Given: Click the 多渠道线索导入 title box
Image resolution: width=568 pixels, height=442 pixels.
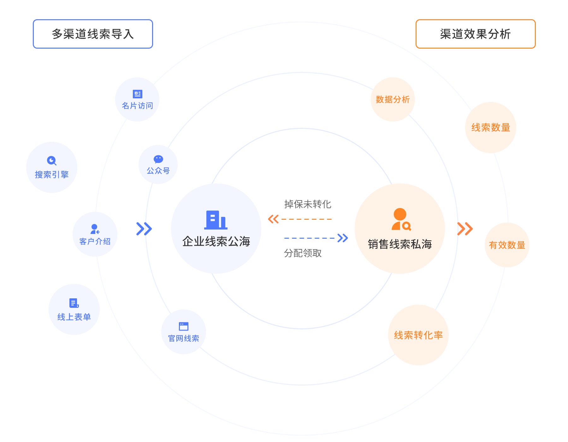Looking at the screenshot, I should [x=93, y=34].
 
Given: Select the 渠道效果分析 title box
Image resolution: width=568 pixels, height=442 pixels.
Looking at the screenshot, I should [x=475, y=34].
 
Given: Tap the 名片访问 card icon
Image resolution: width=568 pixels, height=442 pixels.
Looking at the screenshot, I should [x=138, y=94].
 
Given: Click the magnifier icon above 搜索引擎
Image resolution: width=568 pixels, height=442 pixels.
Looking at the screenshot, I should [x=51, y=161].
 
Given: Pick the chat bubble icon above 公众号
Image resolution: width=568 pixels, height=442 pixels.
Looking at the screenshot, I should [x=158, y=159].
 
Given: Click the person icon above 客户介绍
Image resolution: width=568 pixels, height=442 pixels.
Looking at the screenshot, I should [x=95, y=229].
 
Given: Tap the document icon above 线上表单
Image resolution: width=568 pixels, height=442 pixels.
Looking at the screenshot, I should [x=74, y=303].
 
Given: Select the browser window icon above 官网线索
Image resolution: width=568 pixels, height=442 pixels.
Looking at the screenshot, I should [x=183, y=326].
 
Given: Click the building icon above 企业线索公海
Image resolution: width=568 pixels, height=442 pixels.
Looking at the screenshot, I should [x=216, y=220].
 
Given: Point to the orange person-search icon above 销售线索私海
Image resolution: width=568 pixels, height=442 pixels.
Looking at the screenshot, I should [x=401, y=219].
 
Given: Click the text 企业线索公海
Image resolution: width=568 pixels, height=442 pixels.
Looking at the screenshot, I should [x=216, y=242].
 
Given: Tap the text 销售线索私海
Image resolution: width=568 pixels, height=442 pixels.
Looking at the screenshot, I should [x=400, y=244].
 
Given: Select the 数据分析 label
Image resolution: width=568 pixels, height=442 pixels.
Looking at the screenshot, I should [x=393, y=99].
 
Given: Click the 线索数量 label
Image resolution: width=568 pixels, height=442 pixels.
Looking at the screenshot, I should [x=491, y=128].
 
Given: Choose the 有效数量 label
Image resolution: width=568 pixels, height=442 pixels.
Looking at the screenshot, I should [x=507, y=245].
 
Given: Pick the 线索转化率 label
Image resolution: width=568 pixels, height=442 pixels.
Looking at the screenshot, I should [x=418, y=335].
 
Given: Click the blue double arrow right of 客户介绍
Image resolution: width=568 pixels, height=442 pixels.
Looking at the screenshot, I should [x=144, y=229].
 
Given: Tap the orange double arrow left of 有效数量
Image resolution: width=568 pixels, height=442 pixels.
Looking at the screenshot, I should [x=465, y=229].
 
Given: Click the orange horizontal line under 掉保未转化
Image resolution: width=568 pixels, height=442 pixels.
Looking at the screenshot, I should [x=306, y=219].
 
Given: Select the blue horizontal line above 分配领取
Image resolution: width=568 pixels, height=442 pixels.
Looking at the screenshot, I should [x=309, y=238].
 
